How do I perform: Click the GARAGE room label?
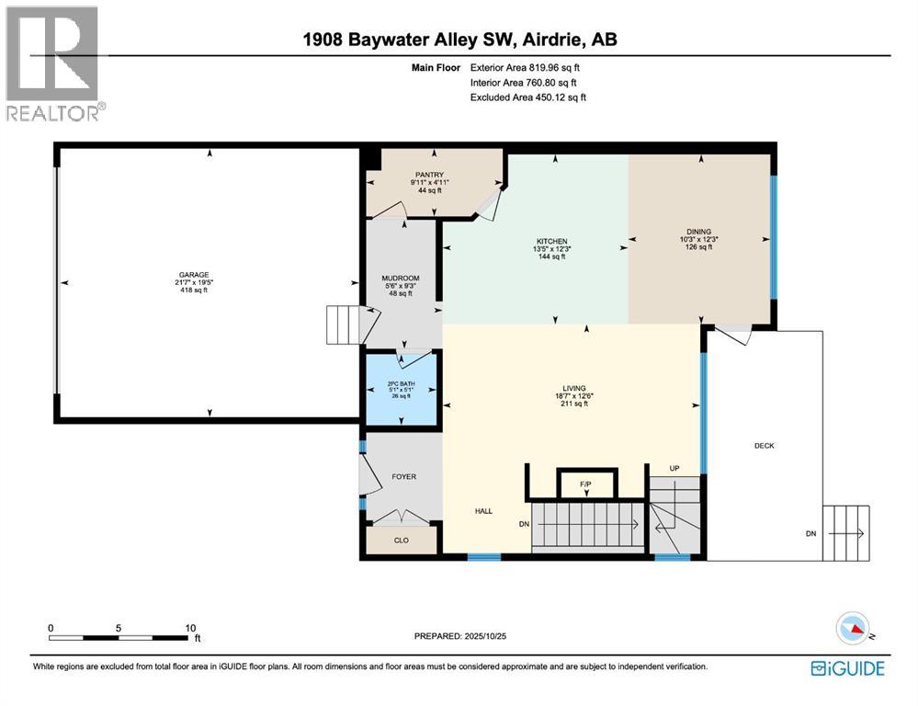(194, 274)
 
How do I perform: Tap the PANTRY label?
(428, 175)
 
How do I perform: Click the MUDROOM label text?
(401, 279)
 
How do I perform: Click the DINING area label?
(698, 232)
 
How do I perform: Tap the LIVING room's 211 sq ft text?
(575, 404)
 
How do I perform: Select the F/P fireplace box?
(585, 484)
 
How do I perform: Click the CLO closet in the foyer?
(401, 541)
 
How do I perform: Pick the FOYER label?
(403, 476)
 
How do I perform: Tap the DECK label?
(765, 446)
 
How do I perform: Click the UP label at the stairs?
(674, 469)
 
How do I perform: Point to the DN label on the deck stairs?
(810, 533)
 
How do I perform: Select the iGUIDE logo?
(847, 668)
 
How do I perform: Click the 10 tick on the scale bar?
(190, 629)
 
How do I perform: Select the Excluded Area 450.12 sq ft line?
(527, 97)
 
